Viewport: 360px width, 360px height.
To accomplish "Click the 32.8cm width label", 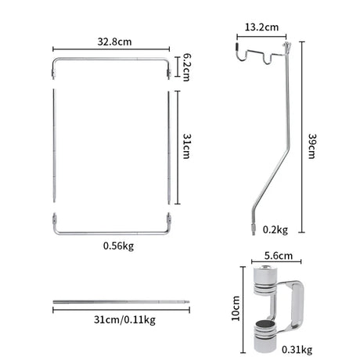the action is pos(114,41).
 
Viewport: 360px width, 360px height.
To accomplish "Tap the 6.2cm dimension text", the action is pos(186,67).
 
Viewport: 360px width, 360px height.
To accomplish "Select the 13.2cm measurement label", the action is pos(261,27).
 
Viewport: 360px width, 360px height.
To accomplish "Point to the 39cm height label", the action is pos(312,146).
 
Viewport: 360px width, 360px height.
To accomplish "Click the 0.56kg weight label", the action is pos(118,246).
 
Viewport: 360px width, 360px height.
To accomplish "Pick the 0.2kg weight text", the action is pos(275,230).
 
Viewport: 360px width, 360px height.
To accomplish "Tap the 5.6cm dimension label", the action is pos(279,256).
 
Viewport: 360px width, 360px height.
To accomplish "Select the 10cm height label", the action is pos(236,308).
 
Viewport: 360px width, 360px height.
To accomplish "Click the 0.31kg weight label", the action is pos(297,350).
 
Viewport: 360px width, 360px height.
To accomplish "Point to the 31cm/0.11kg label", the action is pos(124,319).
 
